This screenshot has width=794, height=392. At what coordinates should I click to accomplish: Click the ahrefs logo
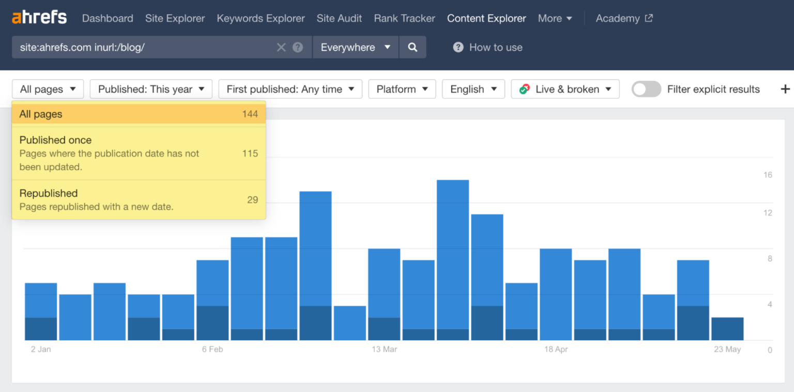39,18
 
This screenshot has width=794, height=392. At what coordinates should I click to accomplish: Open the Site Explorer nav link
175,18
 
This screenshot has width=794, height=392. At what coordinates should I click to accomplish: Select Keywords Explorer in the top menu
261,18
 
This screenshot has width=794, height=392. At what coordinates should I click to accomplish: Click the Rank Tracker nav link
404,18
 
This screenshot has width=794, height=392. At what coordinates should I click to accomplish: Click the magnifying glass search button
413,47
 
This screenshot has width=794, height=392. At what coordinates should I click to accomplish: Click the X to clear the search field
281,48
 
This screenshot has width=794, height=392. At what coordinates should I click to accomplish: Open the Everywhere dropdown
355,47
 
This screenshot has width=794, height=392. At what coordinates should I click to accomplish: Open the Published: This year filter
151,89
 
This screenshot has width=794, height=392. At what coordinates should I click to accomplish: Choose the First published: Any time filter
290,89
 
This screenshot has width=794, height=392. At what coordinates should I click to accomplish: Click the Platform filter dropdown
402,89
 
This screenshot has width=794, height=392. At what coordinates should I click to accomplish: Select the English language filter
473,89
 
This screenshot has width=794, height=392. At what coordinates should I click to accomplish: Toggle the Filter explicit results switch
646,89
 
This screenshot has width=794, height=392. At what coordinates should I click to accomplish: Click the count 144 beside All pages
250,114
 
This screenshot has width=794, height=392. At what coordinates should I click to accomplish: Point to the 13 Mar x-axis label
384,350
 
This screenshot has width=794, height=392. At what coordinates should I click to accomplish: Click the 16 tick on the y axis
768,175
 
